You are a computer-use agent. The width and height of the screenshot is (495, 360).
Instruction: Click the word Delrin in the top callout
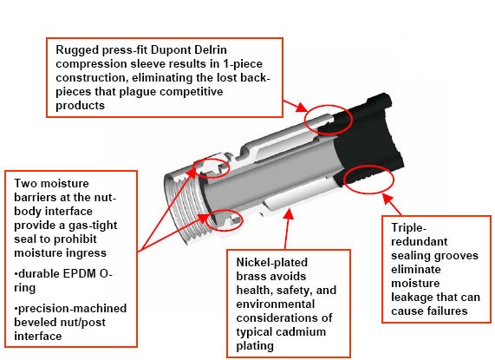[211, 50]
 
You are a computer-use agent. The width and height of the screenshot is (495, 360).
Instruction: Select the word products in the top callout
[80, 106]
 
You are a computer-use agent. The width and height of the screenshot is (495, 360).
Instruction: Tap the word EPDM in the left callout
[79, 273]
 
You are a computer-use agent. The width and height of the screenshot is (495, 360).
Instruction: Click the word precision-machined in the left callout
[72, 309]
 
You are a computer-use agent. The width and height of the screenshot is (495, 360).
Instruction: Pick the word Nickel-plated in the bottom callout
[272, 263]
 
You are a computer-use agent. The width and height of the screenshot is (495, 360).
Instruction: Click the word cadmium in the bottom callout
[303, 332]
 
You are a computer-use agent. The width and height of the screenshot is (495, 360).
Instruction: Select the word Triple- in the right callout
[409, 228]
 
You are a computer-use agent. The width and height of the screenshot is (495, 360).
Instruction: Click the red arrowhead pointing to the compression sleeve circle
[302, 108]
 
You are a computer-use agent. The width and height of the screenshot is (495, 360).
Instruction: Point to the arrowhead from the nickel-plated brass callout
[288, 213]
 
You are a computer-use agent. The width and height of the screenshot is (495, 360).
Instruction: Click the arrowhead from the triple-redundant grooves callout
[388, 199]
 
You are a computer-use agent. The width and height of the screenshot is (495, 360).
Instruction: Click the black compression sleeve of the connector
[366, 139]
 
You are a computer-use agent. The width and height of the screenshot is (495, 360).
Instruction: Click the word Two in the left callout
[25, 184]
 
